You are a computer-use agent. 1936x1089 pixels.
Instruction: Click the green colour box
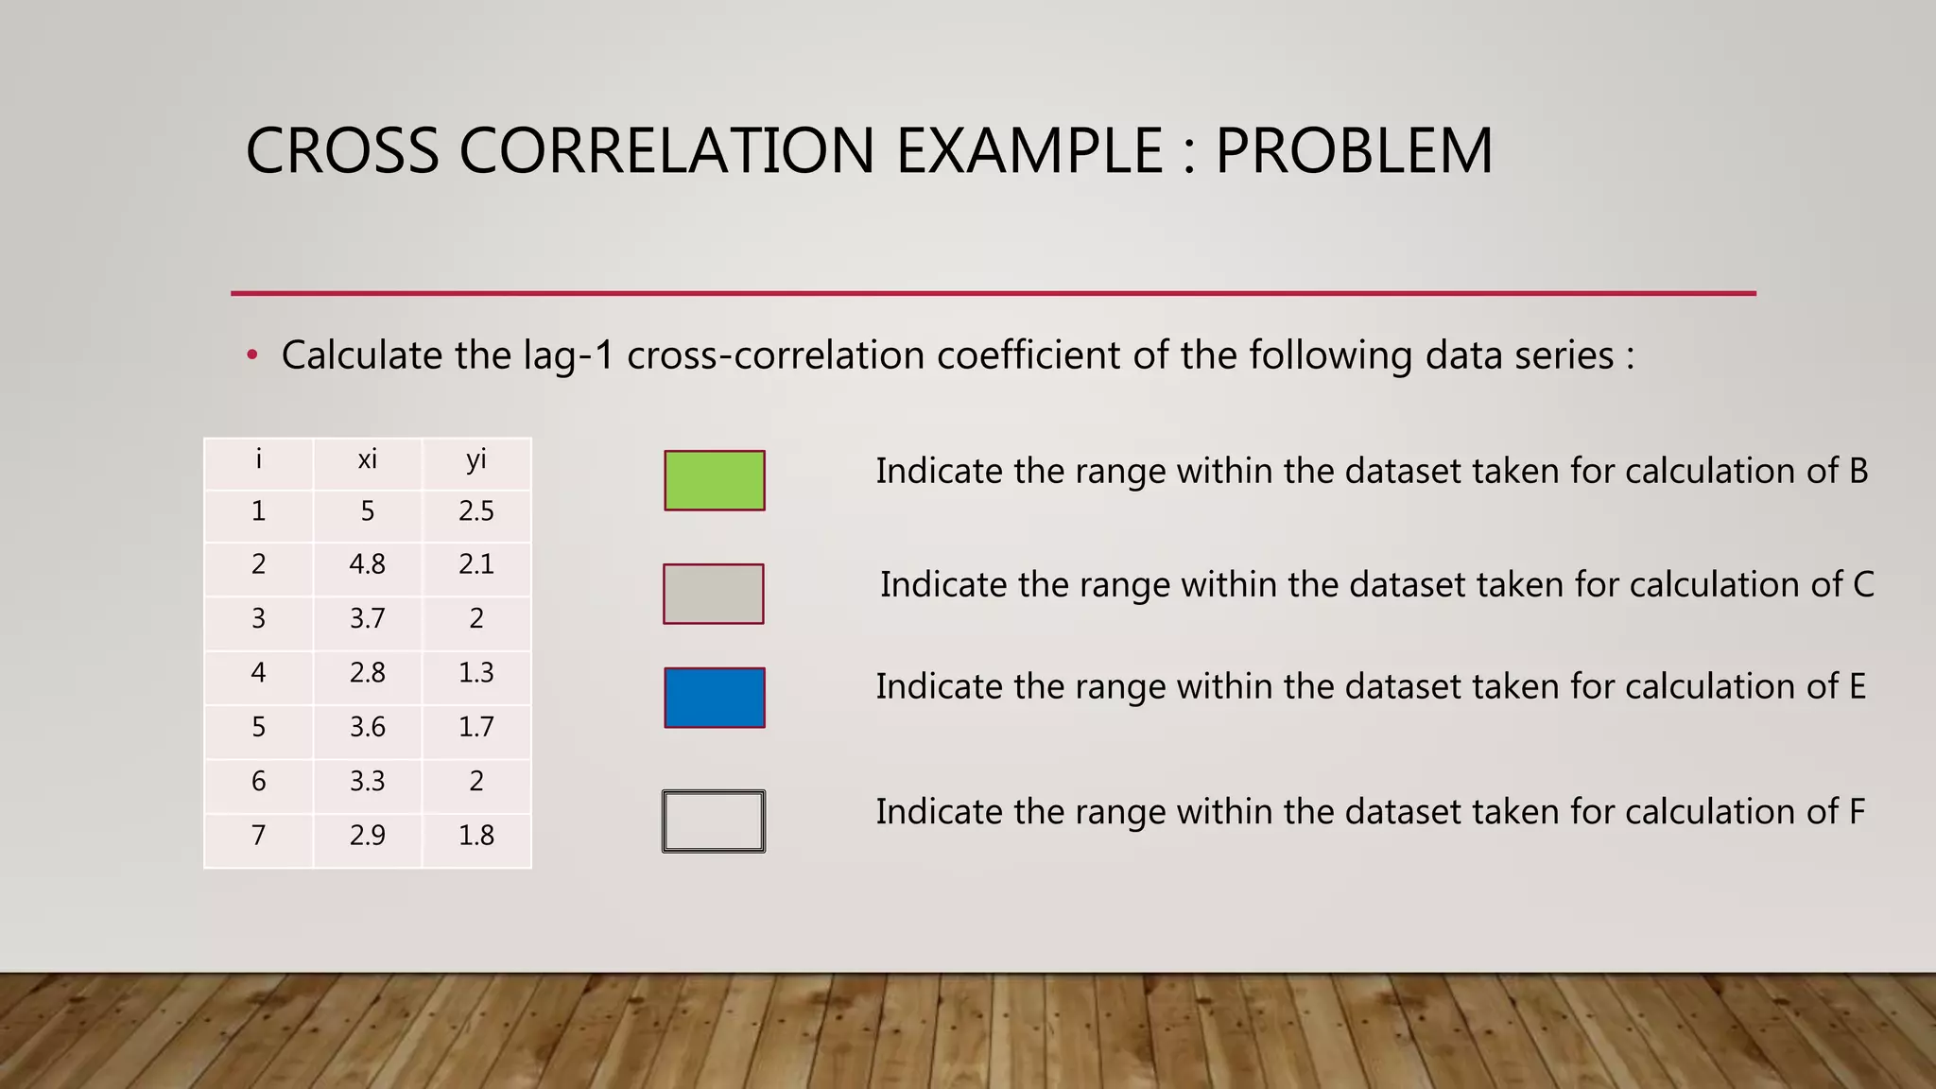tap(714, 480)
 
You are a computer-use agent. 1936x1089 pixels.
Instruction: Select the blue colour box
tap(714, 698)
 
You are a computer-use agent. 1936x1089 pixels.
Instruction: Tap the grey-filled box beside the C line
tap(713, 594)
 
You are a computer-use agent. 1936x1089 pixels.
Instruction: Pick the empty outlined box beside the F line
tap(713, 821)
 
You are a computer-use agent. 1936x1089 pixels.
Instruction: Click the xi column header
tap(367, 460)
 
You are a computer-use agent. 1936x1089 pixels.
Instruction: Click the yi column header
tap(475, 460)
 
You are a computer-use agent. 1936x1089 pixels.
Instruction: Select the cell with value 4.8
tap(367, 564)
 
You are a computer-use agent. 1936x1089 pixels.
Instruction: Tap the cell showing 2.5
tap(475, 511)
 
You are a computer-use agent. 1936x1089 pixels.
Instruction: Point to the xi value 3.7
tap(367, 618)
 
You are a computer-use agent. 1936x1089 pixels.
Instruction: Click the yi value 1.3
tap(475, 673)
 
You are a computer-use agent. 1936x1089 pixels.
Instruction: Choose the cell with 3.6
tap(367, 727)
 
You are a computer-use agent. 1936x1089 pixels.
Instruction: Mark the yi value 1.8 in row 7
tap(475, 836)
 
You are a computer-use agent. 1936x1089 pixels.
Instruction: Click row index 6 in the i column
tap(258, 782)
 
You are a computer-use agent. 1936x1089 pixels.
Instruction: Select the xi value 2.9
tap(367, 836)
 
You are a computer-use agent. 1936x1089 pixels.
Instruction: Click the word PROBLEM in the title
tap(1353, 151)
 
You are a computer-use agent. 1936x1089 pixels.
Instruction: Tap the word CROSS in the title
tap(342, 151)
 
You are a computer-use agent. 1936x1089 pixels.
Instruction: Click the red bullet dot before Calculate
tap(251, 356)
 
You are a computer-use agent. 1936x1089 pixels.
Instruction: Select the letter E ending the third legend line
tap(1857, 686)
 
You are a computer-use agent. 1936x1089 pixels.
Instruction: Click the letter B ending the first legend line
tap(1858, 471)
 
